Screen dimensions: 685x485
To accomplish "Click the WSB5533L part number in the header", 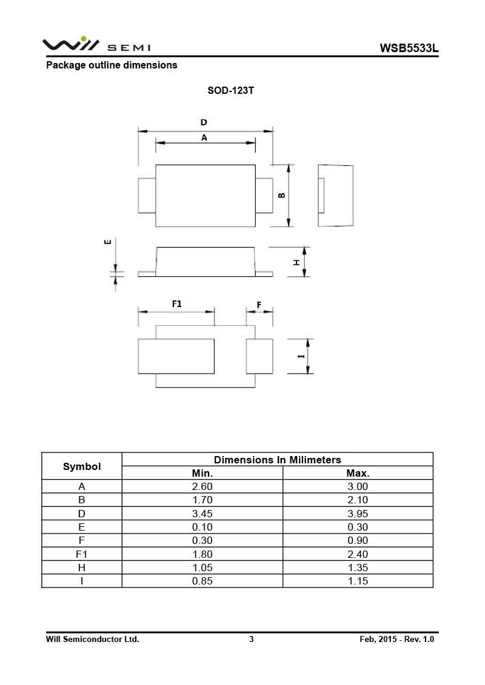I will (409, 48).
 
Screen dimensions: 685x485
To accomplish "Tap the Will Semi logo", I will (96, 45).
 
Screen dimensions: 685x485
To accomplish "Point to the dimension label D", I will (204, 122).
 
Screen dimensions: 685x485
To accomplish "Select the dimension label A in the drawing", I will (204, 137).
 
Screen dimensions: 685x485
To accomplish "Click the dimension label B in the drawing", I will (281, 195).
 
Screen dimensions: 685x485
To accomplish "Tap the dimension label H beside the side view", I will (296, 262).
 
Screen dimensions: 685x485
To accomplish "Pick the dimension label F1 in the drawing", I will (176, 303).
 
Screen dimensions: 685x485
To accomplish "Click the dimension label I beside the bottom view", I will (301, 356).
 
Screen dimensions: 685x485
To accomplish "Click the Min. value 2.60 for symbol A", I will (202, 486).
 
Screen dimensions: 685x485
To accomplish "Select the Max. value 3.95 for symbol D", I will (358, 514).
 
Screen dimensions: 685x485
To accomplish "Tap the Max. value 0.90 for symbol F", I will (358, 541).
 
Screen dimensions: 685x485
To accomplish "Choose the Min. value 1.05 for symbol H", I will (202, 568).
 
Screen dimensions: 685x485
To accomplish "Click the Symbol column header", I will (82, 466).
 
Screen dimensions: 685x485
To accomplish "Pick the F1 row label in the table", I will (82, 554).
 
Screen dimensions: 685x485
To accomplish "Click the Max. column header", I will (358, 473).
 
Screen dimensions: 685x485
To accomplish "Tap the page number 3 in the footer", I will (252, 639).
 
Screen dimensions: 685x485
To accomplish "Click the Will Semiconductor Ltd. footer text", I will (93, 639).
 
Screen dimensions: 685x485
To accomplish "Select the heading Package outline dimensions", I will (112, 65).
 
